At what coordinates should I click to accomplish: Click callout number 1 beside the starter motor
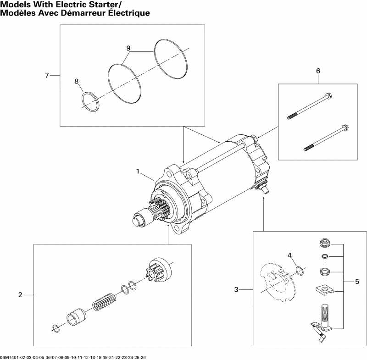click(x=137, y=171)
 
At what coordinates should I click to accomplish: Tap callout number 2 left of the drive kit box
click(x=20, y=294)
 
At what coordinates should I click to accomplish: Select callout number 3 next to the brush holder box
click(x=236, y=289)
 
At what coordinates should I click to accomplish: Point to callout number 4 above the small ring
click(x=289, y=255)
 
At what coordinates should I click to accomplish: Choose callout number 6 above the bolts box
click(x=317, y=71)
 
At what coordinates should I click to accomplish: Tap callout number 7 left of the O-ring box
click(x=47, y=75)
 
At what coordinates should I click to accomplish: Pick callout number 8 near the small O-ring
click(x=77, y=81)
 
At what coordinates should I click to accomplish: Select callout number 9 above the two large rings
click(x=128, y=48)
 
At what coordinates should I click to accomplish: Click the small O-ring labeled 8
click(x=90, y=101)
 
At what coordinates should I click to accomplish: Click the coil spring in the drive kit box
click(x=104, y=303)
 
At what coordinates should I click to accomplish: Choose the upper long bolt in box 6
click(x=310, y=106)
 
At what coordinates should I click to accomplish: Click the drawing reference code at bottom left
click(x=73, y=357)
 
